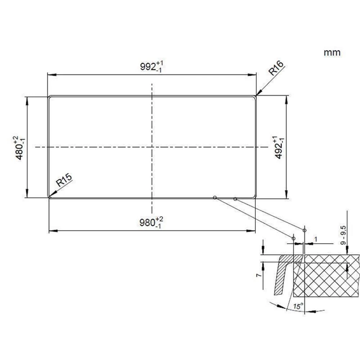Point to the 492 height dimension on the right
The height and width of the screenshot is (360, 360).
coord(279,148)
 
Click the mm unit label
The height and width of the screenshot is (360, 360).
coord(332,53)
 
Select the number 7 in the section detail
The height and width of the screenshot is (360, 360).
coord(257,275)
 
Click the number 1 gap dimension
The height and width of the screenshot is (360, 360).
coord(316,239)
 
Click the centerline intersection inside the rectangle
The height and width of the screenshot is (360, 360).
coord(152,147)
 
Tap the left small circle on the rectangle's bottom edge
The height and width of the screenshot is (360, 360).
coord(215,197)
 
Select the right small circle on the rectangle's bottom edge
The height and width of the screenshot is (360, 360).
coord(235,199)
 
